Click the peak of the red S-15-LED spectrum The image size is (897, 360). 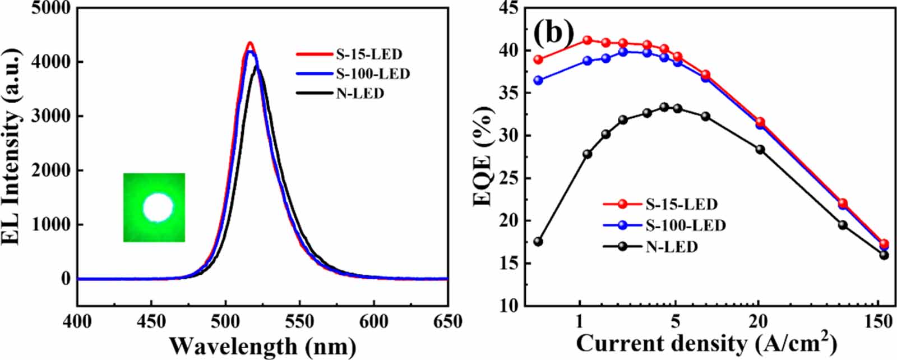pos(249,43)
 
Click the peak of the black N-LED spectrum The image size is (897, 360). pos(257,67)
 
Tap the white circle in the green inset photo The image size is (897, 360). pos(158,208)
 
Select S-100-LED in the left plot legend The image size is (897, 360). pos(372,74)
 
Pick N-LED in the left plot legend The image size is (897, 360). pos(360,94)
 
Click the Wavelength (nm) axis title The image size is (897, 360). pos(262,345)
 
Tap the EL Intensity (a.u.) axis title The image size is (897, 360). pos(12,145)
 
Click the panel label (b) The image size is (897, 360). pos(553,33)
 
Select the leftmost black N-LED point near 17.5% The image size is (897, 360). pos(538,242)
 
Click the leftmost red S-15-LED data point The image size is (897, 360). pos(538,59)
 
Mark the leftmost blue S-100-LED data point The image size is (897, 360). pos(538,80)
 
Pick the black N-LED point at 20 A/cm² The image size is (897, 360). pos(760,149)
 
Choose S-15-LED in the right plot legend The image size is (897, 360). pos(681,204)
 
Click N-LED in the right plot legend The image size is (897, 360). pos(671,247)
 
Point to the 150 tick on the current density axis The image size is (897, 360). pos(878,322)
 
